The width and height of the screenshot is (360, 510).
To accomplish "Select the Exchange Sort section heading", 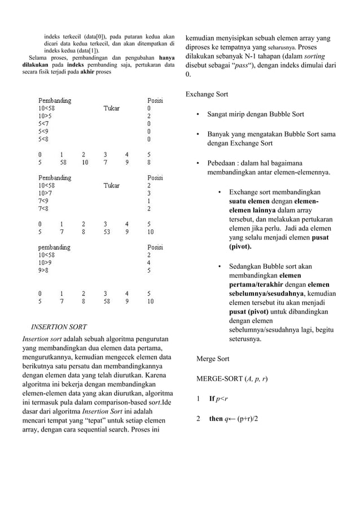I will coord(207,94).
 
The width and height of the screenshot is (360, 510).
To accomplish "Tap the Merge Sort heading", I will coord(212,359).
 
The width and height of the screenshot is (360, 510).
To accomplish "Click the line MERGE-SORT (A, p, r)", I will coord(231,378).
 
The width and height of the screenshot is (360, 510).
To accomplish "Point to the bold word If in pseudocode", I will coord(212,399).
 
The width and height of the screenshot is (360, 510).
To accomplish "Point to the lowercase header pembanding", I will coord(54,247).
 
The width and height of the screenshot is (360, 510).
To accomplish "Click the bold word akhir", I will coord(86,72).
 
